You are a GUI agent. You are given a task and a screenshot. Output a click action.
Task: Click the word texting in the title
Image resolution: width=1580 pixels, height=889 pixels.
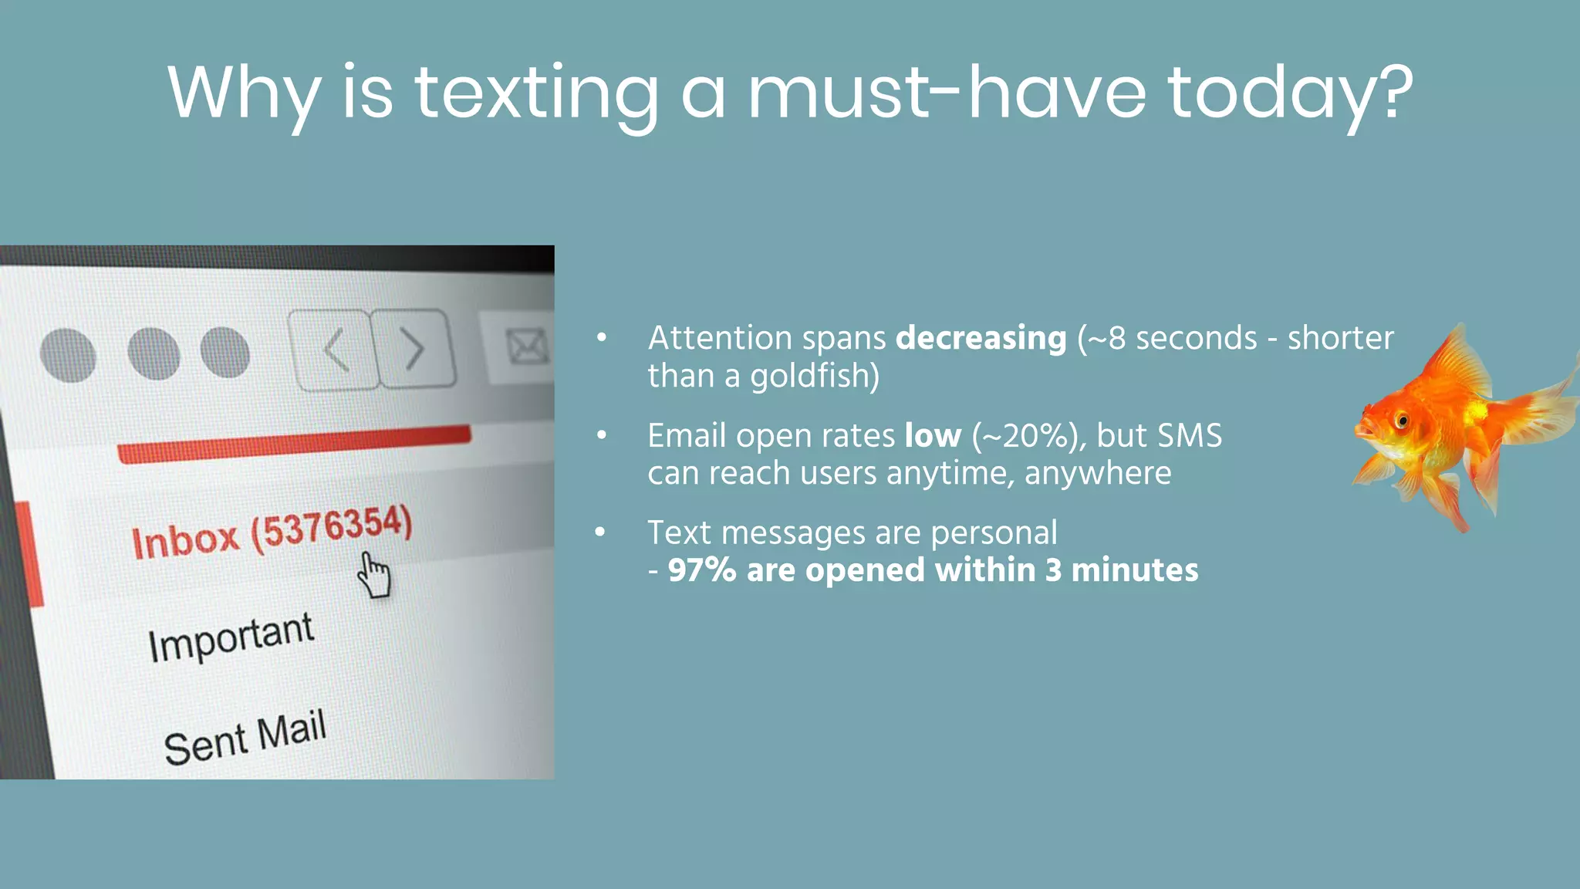click(x=536, y=94)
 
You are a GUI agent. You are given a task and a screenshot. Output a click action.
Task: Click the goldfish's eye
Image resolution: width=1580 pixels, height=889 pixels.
click(x=1402, y=421)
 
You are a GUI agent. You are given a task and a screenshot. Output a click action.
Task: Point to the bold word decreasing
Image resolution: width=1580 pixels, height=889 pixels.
click(x=981, y=338)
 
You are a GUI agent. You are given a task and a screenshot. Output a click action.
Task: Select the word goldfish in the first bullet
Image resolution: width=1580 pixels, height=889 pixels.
click(x=814, y=377)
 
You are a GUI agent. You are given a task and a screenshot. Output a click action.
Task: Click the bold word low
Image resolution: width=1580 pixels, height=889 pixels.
click(x=933, y=436)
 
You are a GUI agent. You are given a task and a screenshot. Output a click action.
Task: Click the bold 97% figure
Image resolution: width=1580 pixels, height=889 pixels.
click(x=701, y=570)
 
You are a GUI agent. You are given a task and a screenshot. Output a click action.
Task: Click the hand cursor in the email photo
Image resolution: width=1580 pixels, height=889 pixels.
click(x=374, y=575)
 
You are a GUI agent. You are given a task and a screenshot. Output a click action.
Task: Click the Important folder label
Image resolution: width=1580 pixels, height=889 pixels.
click(x=231, y=637)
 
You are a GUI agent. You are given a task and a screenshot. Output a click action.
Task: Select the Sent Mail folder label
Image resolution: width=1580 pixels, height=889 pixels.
click(x=245, y=737)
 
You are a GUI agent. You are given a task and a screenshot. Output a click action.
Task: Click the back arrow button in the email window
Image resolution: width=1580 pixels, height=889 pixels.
click(x=334, y=350)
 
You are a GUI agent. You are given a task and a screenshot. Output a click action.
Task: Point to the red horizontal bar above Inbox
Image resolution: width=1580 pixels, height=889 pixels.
click(x=294, y=444)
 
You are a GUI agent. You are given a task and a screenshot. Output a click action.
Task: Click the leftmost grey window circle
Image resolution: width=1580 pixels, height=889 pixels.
click(x=68, y=356)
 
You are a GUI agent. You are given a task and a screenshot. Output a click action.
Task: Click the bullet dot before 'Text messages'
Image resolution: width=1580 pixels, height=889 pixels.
click(x=601, y=532)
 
